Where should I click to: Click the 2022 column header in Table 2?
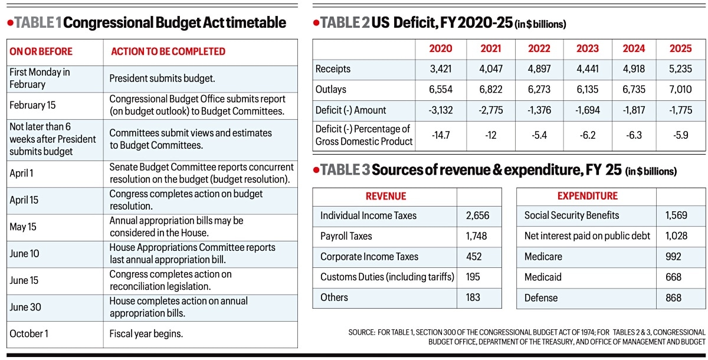tap(539, 48)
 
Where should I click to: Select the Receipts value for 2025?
tap(680, 69)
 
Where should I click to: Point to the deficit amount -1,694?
tap(587, 110)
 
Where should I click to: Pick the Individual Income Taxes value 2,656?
tap(478, 215)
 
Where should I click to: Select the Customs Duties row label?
tap(387, 277)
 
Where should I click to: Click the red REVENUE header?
tap(386, 196)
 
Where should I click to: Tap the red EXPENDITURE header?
tap(587, 196)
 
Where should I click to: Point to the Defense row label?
tap(541, 298)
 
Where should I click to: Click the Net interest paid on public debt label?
tap(587, 236)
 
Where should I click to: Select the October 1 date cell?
tap(29, 334)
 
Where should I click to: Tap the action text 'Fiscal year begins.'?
tap(146, 334)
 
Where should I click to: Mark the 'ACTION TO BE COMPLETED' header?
tap(168, 51)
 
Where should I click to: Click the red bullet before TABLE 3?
tap(316, 170)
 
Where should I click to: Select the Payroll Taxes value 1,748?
tap(477, 236)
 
